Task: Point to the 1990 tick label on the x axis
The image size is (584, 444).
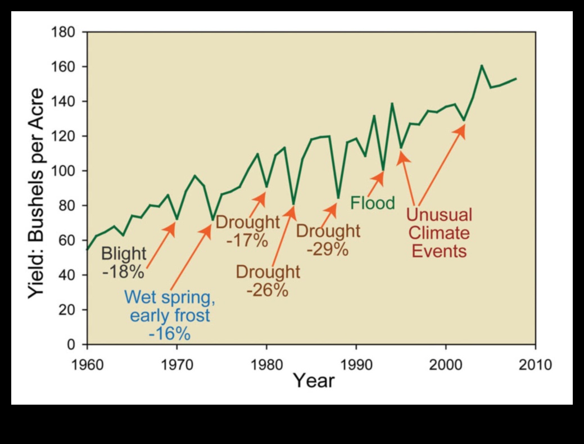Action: pos(356,364)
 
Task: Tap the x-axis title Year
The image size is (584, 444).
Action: pos(314,381)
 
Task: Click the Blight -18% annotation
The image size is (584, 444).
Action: pos(124,262)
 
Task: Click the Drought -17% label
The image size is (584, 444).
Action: pos(247,231)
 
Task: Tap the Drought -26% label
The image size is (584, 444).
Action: pos(268,280)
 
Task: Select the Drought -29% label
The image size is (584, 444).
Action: pos(328,239)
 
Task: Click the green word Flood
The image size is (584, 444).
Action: pos(373,203)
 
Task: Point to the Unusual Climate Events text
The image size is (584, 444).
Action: pos(439,232)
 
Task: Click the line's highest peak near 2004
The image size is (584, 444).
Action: pos(482,66)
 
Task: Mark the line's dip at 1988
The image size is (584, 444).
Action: pos(338,198)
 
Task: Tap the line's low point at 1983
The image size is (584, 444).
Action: pos(293,203)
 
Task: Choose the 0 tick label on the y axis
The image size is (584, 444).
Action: pos(71,344)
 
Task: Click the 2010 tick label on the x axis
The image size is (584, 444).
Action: pos(535,364)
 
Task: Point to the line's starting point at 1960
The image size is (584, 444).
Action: pos(87,249)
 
